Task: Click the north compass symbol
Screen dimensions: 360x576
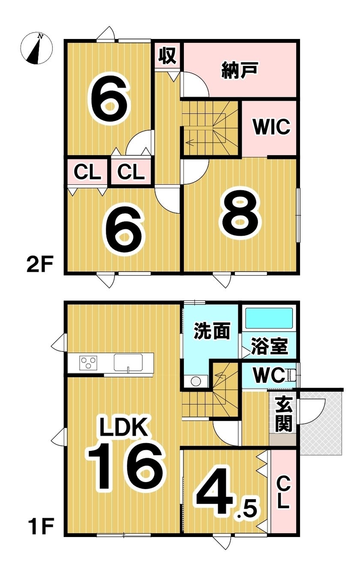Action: tap(36, 48)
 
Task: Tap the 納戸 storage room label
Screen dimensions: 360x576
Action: tap(240, 70)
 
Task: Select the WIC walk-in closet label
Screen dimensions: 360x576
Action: tap(272, 126)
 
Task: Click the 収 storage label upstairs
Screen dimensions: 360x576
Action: tap(168, 56)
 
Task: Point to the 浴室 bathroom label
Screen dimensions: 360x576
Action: tap(269, 346)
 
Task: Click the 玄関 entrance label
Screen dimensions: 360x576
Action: tap(283, 418)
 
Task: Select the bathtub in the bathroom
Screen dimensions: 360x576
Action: tap(270, 318)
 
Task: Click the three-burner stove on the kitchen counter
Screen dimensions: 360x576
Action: tap(88, 363)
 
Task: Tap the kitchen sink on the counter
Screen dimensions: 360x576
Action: tap(128, 363)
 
